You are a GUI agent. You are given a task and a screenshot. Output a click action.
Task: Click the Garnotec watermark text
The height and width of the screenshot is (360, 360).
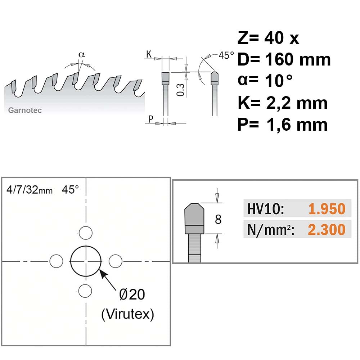pos(25,110)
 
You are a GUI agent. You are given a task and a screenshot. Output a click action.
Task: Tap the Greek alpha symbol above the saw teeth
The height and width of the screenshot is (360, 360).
pos(82,55)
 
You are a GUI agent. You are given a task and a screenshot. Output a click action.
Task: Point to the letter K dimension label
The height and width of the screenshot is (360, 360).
pos(149,54)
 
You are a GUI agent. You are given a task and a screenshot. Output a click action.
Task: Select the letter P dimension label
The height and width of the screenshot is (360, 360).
pos(150,119)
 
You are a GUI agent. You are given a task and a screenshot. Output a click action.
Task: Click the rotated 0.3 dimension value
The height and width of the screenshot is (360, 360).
pos(180,90)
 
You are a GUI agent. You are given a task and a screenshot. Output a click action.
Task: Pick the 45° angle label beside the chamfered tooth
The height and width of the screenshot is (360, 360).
pos(226,55)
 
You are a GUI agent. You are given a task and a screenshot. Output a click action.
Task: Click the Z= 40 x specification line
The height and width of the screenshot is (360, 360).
pos(268,38)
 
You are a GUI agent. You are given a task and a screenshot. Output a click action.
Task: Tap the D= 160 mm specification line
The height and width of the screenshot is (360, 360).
pos(284,59)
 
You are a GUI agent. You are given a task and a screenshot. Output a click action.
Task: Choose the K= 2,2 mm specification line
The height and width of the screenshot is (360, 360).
pos(283,103)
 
